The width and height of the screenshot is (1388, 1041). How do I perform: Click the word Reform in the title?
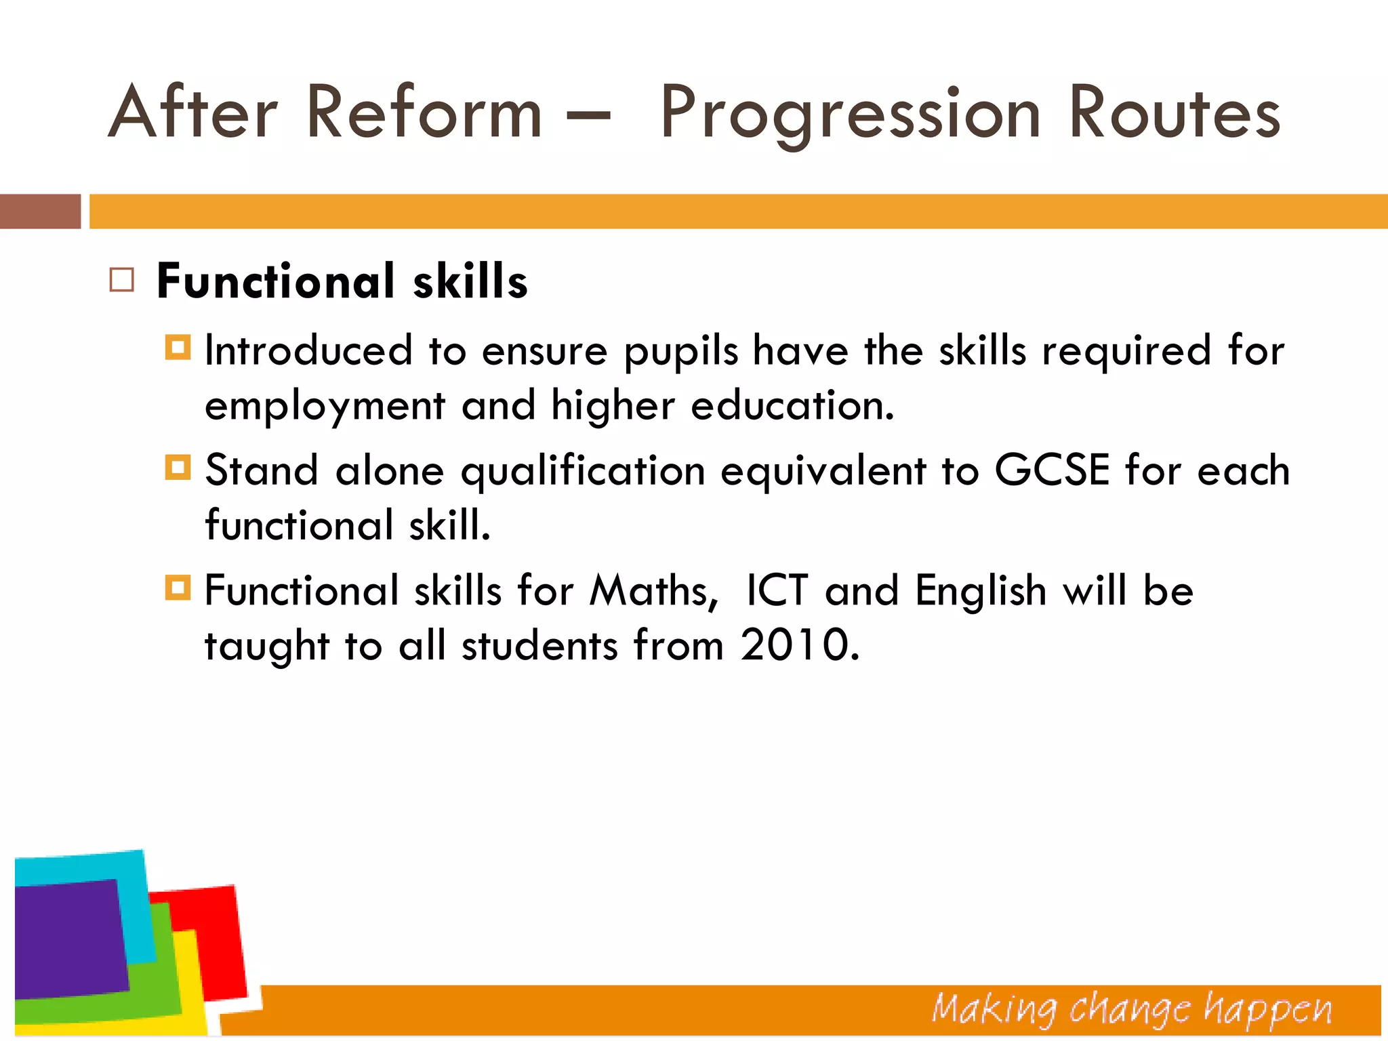[424, 112]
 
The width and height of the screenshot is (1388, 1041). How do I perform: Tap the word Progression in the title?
[850, 114]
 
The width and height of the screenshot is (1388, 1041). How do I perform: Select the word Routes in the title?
[1175, 112]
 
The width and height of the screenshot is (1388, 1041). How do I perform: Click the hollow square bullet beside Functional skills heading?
[122, 280]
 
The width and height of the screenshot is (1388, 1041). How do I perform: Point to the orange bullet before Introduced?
[178, 348]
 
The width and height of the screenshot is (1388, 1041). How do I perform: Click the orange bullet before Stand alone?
[178, 467]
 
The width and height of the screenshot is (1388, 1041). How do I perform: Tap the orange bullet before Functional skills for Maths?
[178, 587]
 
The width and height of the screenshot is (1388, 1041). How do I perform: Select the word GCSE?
[1052, 470]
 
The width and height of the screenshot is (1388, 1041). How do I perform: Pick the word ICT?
[777, 590]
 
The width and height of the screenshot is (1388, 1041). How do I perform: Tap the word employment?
[325, 407]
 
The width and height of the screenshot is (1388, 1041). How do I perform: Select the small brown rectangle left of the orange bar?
[40, 211]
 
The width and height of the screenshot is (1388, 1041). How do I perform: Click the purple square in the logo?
[68, 939]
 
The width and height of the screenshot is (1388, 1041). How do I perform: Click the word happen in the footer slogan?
[1267, 1010]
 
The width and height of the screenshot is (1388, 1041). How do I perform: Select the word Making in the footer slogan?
[994, 1010]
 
